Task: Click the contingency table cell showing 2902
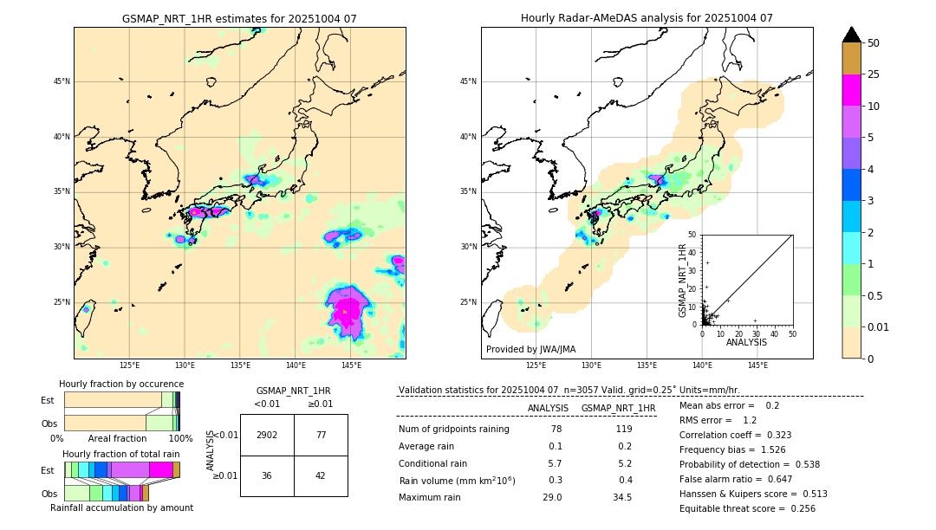point(267,435)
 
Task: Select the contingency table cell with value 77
point(321,435)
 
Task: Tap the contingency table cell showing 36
point(267,475)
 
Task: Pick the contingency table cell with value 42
point(321,475)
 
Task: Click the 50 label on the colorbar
point(874,43)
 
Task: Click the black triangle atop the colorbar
point(852,35)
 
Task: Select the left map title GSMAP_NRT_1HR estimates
point(239,18)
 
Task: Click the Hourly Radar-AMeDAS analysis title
point(647,18)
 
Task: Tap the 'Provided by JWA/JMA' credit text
point(530,350)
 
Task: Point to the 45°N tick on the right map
point(468,81)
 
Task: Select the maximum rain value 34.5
point(622,497)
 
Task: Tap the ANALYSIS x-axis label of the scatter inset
point(746,342)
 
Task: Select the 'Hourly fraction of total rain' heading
point(120,454)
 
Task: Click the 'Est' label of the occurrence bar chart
point(47,400)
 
